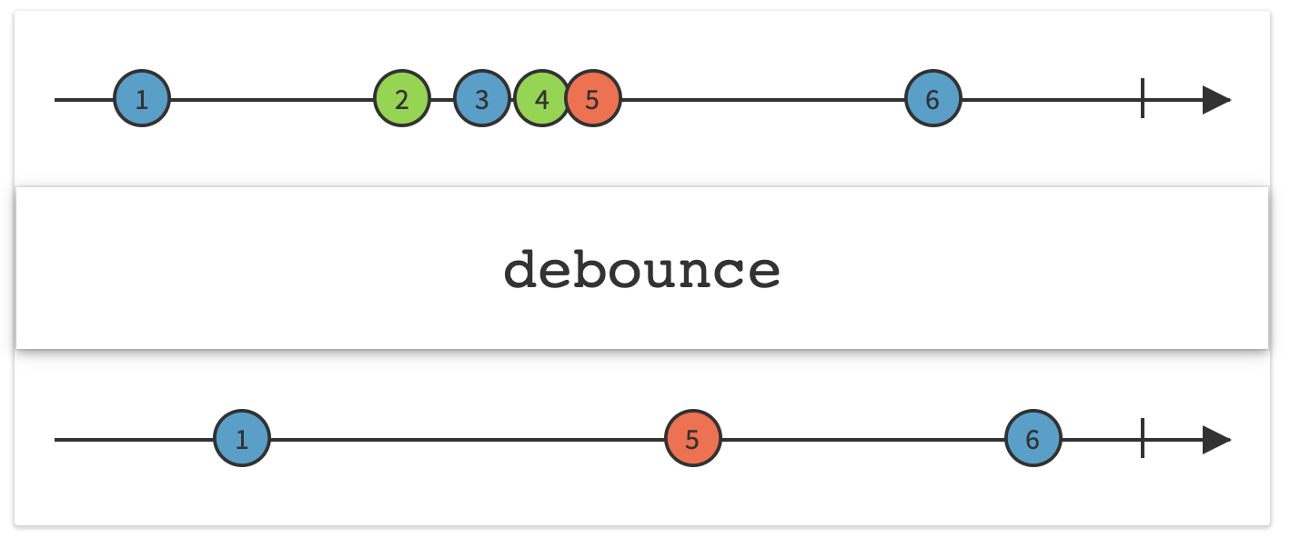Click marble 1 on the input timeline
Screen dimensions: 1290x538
click(142, 99)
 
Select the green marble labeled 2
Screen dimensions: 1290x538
click(402, 99)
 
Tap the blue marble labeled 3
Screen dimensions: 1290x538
click(481, 99)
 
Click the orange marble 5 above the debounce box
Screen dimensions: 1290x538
click(593, 99)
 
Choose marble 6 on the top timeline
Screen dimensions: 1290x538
click(932, 99)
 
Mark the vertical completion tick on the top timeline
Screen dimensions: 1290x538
click(1143, 99)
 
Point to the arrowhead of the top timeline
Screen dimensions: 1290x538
click(1216, 99)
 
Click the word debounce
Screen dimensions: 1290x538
click(642, 270)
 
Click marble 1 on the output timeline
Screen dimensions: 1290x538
click(242, 440)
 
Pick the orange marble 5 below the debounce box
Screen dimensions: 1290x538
click(693, 440)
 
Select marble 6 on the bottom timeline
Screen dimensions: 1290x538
click(1033, 440)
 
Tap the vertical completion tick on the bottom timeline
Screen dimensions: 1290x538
click(1143, 440)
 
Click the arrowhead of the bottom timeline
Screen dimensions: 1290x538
click(1216, 440)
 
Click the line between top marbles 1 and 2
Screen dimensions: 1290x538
click(273, 99)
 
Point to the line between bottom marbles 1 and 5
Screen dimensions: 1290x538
click(469, 440)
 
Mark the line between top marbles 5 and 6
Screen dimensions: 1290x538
click(764, 99)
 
